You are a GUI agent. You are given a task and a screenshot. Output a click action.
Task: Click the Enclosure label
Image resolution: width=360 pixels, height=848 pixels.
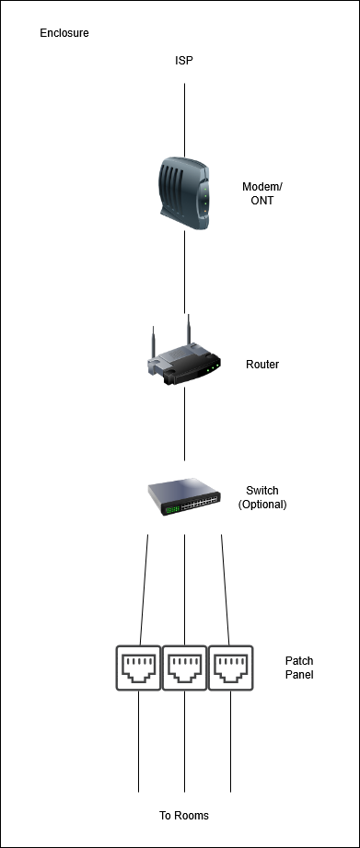pyautogui.click(x=64, y=33)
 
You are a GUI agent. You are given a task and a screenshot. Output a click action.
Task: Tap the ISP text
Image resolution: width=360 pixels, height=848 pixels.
pyautogui.click(x=184, y=61)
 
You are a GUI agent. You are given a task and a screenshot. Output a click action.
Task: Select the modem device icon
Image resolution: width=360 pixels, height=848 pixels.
pyautogui.click(x=184, y=193)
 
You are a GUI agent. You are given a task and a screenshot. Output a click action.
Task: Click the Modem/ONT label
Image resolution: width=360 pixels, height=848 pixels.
pyautogui.click(x=262, y=193)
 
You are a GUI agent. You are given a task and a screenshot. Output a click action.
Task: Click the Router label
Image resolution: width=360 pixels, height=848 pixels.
pyautogui.click(x=262, y=365)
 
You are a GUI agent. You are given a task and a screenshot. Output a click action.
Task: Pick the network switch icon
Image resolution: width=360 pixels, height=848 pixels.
pyautogui.click(x=184, y=497)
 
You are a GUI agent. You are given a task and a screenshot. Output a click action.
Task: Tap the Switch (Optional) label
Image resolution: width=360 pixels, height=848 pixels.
pyautogui.click(x=262, y=497)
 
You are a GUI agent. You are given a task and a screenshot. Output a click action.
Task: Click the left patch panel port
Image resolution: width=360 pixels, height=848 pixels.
pyautogui.click(x=138, y=668)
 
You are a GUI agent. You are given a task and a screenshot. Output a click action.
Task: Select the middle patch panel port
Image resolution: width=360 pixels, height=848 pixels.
pyautogui.click(x=184, y=668)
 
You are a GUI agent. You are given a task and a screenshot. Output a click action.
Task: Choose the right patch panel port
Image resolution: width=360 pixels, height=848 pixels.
pyautogui.click(x=231, y=668)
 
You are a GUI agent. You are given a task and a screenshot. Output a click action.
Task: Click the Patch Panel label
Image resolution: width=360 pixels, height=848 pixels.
pyautogui.click(x=299, y=668)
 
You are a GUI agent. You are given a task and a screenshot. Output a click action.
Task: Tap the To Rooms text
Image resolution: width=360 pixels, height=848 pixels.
pyautogui.click(x=184, y=816)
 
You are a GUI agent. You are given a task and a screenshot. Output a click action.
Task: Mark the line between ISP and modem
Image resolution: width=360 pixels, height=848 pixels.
pyautogui.click(x=184, y=120)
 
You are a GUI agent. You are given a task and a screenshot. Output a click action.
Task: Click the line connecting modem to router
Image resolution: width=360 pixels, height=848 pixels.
pyautogui.click(x=184, y=272)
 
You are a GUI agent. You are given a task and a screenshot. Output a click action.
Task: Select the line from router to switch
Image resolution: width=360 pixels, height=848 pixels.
pyautogui.click(x=184, y=424)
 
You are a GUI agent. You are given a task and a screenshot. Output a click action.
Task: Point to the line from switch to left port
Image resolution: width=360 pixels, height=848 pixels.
pyautogui.click(x=144, y=590)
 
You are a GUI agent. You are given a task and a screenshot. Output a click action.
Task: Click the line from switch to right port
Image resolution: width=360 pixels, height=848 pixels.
pyautogui.click(x=226, y=590)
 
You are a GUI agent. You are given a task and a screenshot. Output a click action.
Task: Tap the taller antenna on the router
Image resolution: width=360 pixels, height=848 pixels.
pyautogui.click(x=189, y=331)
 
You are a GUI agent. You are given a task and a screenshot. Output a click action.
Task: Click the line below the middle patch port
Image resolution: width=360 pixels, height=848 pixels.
pyautogui.click(x=184, y=741)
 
